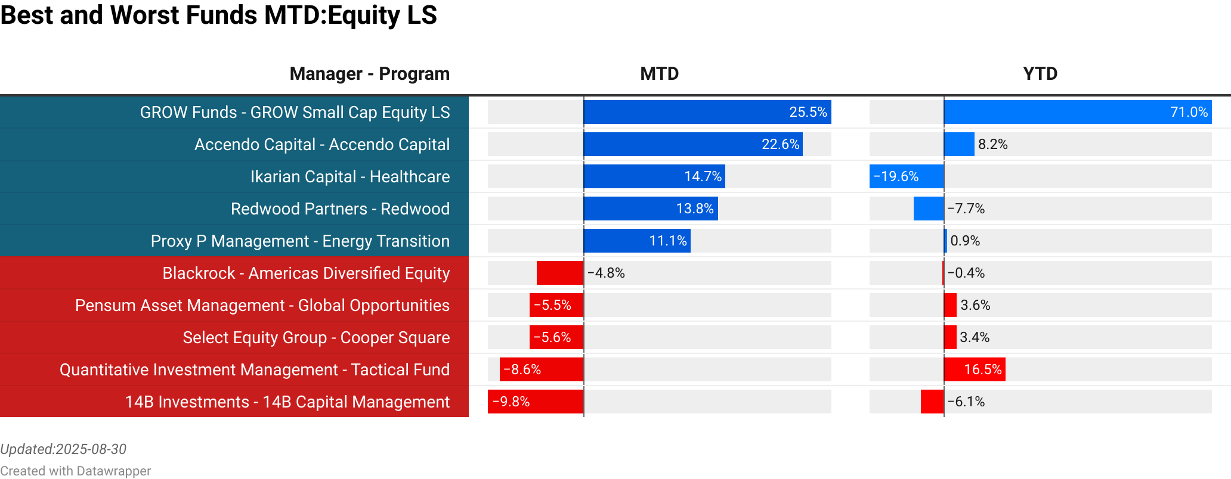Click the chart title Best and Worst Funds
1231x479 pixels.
[x=218, y=15]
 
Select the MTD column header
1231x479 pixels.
[x=659, y=74]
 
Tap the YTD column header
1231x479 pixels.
[x=1040, y=74]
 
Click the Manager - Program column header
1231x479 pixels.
[x=369, y=74]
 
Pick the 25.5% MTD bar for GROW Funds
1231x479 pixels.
[x=707, y=112]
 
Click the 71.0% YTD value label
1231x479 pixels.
[x=1189, y=112]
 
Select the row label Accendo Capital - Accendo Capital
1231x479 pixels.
[x=322, y=144]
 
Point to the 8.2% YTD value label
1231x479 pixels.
[x=992, y=144]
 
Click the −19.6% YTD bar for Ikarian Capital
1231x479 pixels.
[x=906, y=176]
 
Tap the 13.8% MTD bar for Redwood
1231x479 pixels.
[x=650, y=209]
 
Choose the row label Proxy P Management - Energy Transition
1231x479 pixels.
[x=300, y=241]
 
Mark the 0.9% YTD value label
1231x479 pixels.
[x=965, y=241]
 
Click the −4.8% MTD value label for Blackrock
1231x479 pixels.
[x=606, y=273]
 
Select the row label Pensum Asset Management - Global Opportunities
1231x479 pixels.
[x=262, y=305]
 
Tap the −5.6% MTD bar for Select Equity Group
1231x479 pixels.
[x=556, y=337]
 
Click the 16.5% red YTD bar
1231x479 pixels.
[x=974, y=369]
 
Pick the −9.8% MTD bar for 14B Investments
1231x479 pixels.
[x=535, y=402]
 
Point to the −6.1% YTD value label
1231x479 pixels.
[x=966, y=402]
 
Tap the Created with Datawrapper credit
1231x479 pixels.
[x=75, y=471]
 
